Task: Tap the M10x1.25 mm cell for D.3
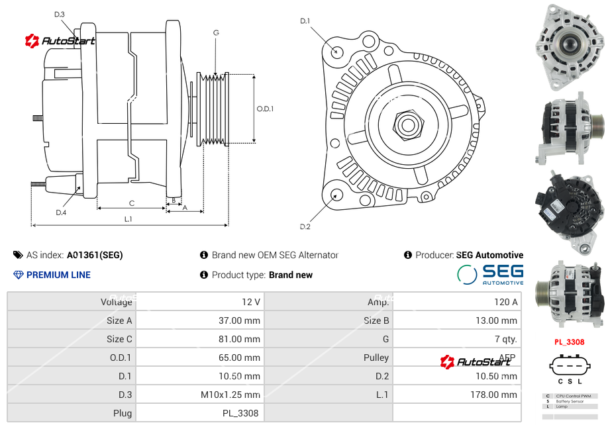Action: coord(230,395)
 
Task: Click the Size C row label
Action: coord(119,339)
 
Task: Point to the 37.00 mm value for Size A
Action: coord(238,320)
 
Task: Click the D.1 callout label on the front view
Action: coord(305,21)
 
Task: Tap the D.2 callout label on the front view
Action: coord(305,227)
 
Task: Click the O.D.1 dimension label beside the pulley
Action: coord(265,109)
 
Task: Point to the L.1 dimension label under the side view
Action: coord(128,218)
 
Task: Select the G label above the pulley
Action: coord(216,32)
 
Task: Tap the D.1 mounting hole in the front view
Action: coord(337,51)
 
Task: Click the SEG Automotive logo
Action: coord(490,274)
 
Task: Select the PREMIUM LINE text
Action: coord(58,275)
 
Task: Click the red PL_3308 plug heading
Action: coord(569,342)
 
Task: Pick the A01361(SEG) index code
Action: coord(95,255)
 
